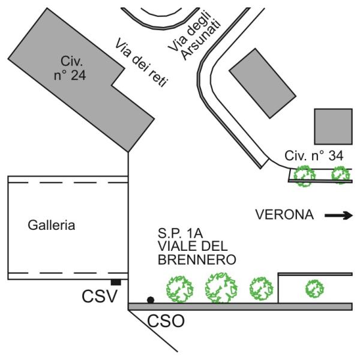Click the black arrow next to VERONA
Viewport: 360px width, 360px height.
[338, 215]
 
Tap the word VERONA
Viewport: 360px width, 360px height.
[284, 215]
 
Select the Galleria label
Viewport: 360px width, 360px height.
[52, 225]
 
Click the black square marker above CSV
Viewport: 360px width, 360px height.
[116, 282]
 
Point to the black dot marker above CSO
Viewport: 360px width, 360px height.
[151, 300]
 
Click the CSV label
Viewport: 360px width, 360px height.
[100, 296]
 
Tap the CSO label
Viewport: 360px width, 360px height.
[166, 321]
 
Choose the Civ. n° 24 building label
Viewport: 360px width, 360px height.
[70, 68]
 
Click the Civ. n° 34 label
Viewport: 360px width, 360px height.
[314, 155]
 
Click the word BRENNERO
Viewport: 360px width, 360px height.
[197, 260]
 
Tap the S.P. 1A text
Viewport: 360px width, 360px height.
[180, 233]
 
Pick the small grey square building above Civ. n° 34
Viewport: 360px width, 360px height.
[333, 127]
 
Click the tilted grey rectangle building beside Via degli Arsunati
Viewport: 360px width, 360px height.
[263, 83]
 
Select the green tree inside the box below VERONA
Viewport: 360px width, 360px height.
[314, 289]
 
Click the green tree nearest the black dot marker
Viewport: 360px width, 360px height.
[180, 289]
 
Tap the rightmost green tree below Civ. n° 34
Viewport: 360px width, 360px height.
[341, 175]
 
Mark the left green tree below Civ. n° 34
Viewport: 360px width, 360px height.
[305, 176]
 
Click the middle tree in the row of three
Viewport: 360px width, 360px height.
[221, 287]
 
